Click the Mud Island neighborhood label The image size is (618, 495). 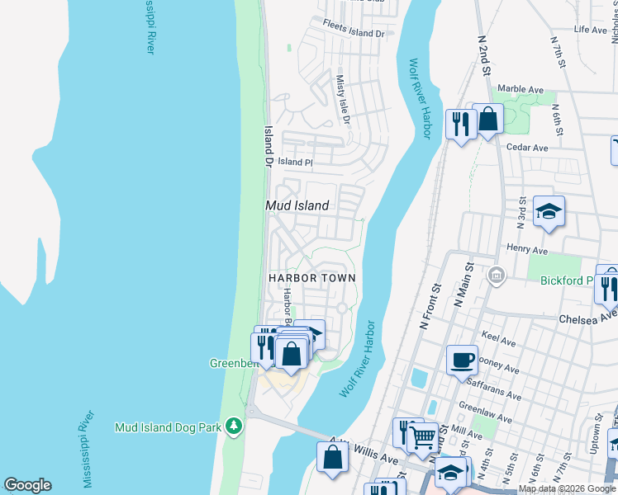click(x=297, y=205)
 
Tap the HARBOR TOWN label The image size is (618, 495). click(x=312, y=278)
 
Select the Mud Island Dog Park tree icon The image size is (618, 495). click(x=235, y=426)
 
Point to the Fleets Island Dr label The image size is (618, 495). click(x=354, y=34)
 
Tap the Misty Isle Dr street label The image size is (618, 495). click(x=342, y=101)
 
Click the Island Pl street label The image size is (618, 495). click(x=295, y=163)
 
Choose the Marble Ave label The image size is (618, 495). click(x=521, y=89)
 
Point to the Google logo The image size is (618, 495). click(x=27, y=485)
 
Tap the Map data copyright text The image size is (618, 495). click(x=567, y=489)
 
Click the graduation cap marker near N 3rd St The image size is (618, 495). click(x=549, y=211)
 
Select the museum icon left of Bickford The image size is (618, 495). click(x=497, y=274)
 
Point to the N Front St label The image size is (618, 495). click(x=431, y=307)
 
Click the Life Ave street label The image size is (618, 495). click(x=590, y=30)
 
